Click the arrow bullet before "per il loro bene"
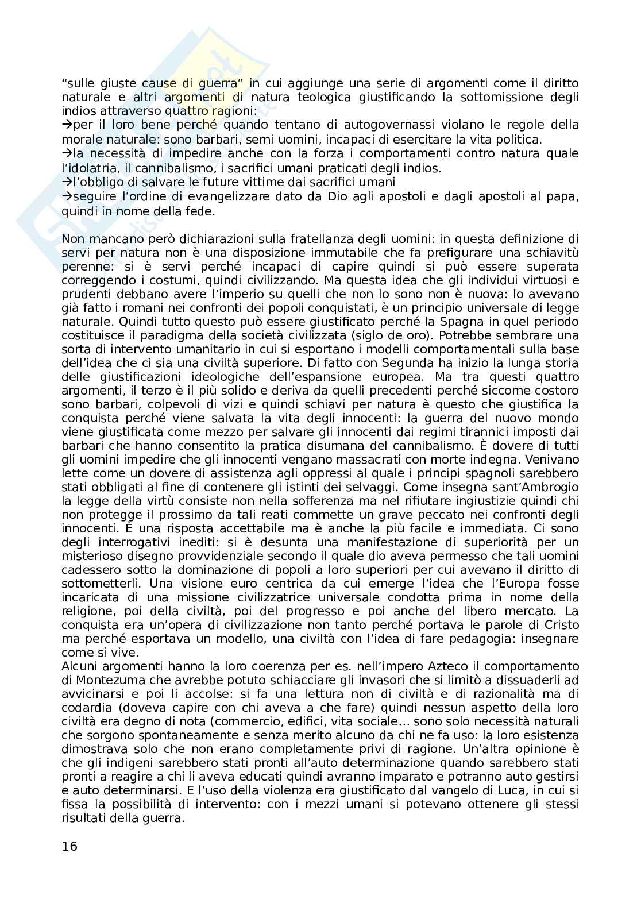[x=65, y=125]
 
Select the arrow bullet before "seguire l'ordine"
[x=65, y=197]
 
